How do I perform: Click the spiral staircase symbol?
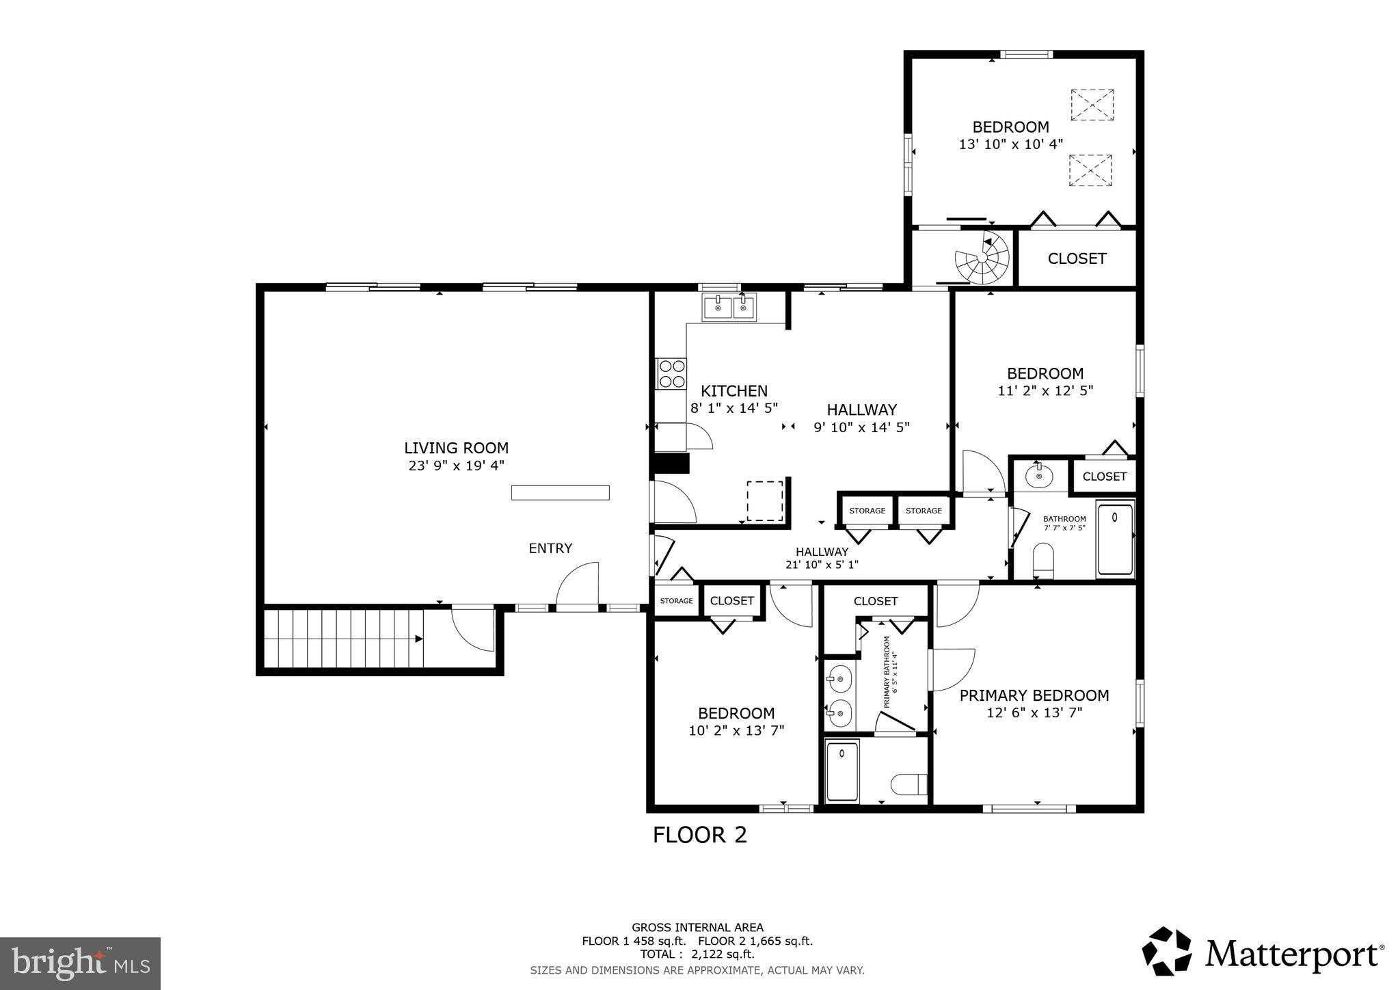(982, 259)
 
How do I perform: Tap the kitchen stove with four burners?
(671, 374)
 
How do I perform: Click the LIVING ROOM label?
(456, 448)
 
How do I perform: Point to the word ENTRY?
(550, 548)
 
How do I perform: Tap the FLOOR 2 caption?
(699, 835)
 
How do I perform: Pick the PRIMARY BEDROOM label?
(1034, 695)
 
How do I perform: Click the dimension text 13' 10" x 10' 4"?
(1010, 144)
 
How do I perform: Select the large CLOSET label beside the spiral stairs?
(1077, 258)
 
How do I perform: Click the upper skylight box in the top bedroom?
(1092, 105)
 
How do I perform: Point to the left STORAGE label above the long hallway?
(867, 511)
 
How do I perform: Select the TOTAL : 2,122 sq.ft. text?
(697, 954)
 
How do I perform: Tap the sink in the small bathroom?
(1039, 474)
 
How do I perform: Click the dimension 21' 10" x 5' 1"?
(822, 565)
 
